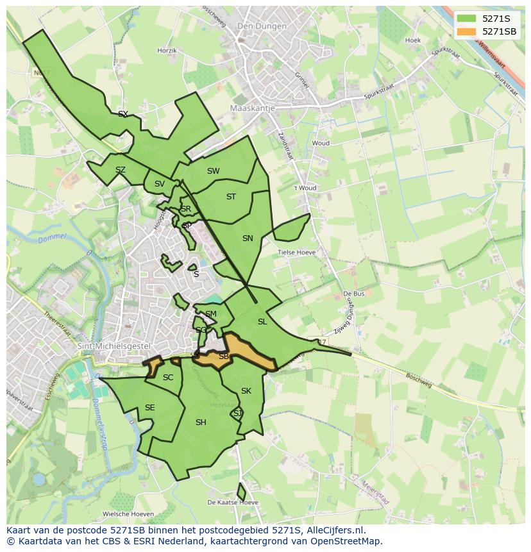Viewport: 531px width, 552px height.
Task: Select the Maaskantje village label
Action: point(252,108)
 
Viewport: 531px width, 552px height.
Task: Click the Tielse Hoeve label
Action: point(296,253)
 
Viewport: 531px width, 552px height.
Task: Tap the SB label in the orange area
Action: point(224,356)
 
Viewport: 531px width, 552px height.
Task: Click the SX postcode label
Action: point(123,114)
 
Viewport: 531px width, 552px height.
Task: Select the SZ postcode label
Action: point(121,170)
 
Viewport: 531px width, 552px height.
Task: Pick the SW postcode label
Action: point(214,171)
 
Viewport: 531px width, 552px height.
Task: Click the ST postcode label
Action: point(232,197)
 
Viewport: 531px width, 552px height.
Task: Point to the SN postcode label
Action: point(248,238)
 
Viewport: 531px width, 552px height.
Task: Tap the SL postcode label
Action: point(262,322)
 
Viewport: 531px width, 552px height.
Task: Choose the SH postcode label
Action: point(201,422)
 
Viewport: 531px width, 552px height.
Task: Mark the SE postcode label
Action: point(149,408)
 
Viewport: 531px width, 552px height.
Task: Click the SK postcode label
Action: point(246,391)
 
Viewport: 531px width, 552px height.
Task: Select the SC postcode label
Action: point(168,378)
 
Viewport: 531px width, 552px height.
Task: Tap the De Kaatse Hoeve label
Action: point(233,502)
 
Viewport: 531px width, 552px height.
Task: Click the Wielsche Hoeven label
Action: point(128,514)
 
